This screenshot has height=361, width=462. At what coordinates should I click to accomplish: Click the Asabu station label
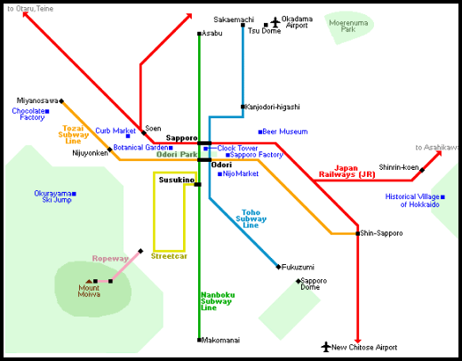pos(212,33)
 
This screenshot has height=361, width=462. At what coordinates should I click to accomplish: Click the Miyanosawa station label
pos(36,100)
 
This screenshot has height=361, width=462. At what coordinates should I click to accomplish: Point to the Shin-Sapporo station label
pos(382,233)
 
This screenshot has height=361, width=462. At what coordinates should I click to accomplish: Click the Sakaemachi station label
pos(234,19)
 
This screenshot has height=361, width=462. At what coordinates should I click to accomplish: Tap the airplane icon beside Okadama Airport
pos(275,20)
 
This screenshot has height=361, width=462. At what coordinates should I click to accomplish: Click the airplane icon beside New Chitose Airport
pos(326,347)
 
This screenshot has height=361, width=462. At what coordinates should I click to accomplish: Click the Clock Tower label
pos(237,148)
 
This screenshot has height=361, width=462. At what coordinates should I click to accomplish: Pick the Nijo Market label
pos(240,173)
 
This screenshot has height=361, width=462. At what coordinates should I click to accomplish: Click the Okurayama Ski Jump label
pos(52,197)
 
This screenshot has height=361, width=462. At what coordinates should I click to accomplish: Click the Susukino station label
pos(175,180)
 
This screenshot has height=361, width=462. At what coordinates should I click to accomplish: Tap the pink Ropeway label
pos(110,259)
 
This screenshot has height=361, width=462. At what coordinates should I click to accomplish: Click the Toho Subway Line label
pos(251,219)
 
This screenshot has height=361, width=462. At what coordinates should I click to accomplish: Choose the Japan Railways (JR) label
pos(360,172)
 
